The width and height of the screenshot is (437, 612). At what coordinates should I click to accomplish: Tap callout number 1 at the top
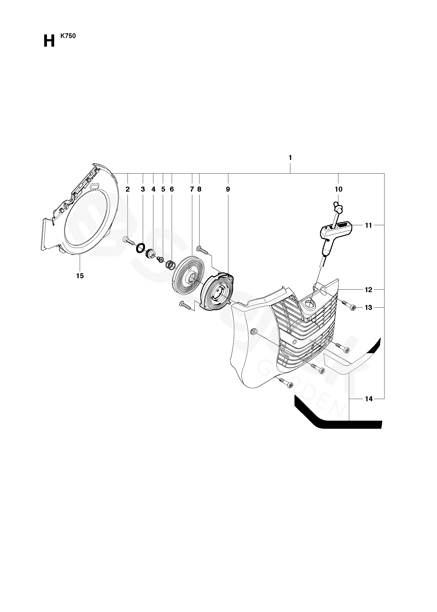coord(290,158)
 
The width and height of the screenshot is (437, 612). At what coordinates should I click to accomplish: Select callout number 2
coord(128,189)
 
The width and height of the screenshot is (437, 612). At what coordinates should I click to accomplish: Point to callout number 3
coord(143,189)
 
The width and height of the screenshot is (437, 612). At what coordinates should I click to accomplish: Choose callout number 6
coord(172,189)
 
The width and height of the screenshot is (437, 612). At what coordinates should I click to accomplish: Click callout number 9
coord(228,189)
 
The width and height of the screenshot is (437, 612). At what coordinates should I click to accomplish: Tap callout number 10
coord(339,189)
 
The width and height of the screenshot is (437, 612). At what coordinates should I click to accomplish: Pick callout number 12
coord(368,290)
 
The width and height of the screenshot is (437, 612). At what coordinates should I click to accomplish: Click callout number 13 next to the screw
coord(368,308)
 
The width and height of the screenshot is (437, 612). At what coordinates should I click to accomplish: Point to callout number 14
coord(368,399)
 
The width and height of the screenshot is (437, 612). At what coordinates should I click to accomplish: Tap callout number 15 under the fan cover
coord(80,276)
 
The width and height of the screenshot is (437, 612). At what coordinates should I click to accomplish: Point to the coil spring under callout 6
coord(171,265)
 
